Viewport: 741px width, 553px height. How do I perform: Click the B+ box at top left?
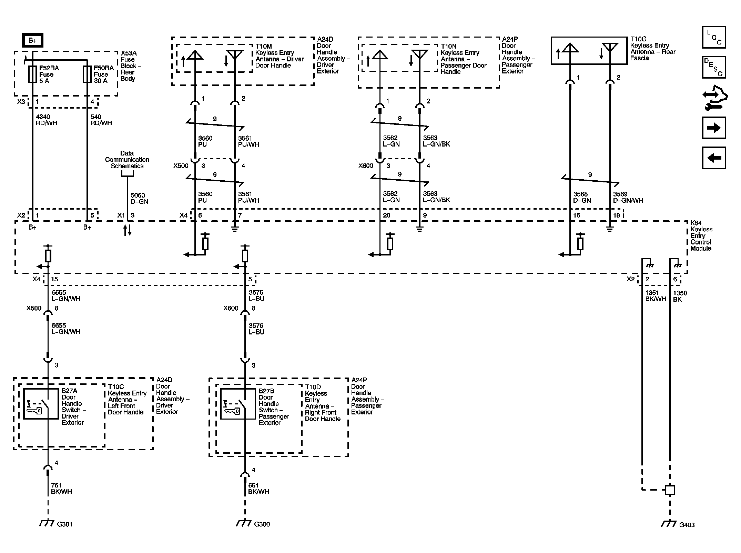[32, 40]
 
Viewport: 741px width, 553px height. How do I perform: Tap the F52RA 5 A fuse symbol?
[32, 74]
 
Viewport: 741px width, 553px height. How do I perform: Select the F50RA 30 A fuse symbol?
[87, 74]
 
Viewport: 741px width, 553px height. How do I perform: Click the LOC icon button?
[714, 37]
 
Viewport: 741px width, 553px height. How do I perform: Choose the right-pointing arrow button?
[714, 128]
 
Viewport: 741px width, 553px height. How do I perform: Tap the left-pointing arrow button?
[714, 158]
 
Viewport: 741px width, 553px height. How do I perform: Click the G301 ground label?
[64, 524]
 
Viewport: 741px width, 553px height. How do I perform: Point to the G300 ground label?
[262, 524]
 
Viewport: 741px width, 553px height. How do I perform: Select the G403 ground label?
[687, 525]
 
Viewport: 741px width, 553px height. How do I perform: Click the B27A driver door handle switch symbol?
[41, 404]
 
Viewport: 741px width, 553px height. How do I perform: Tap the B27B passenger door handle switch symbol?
[238, 404]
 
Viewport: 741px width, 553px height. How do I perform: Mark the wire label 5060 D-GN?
[139, 198]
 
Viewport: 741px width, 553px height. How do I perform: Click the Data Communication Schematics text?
[127, 160]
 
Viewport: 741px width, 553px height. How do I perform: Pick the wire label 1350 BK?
[680, 296]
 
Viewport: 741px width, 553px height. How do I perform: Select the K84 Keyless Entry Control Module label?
[701, 235]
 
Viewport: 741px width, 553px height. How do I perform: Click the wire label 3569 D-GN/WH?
[628, 197]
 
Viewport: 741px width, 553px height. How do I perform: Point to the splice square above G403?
[669, 490]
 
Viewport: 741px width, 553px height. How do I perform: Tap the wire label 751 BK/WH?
[61, 488]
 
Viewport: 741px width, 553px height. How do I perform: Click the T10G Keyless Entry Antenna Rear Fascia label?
[652, 49]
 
